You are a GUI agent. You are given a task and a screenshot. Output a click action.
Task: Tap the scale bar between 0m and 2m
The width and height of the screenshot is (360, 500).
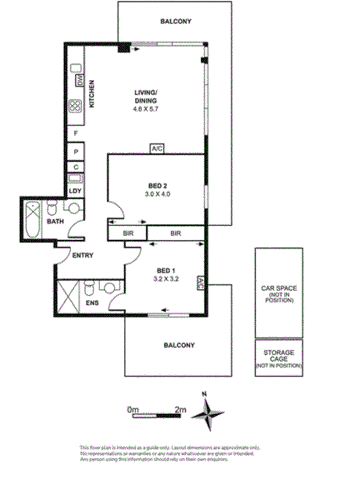pos(157,415)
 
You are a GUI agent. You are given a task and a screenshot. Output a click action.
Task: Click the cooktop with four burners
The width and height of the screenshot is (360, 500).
pos(75,106)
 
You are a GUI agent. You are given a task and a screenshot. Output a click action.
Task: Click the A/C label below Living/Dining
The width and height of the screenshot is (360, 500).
pos(157,149)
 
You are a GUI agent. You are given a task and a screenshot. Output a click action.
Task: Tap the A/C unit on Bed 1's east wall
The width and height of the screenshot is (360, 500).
pos(200,284)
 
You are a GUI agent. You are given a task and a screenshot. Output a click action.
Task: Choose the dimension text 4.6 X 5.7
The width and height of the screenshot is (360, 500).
pos(146,109)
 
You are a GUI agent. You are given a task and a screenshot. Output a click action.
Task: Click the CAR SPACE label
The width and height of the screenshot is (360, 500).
pos(278,287)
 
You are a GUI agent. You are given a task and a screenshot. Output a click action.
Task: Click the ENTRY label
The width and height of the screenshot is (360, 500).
pos(83,256)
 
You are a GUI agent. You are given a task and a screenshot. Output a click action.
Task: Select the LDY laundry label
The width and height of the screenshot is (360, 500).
pos(74,191)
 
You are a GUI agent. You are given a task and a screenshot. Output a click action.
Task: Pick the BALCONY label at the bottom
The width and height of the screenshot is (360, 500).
pos(179,345)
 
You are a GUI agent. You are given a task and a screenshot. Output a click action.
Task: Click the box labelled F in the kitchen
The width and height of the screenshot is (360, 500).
pos(75,133)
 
